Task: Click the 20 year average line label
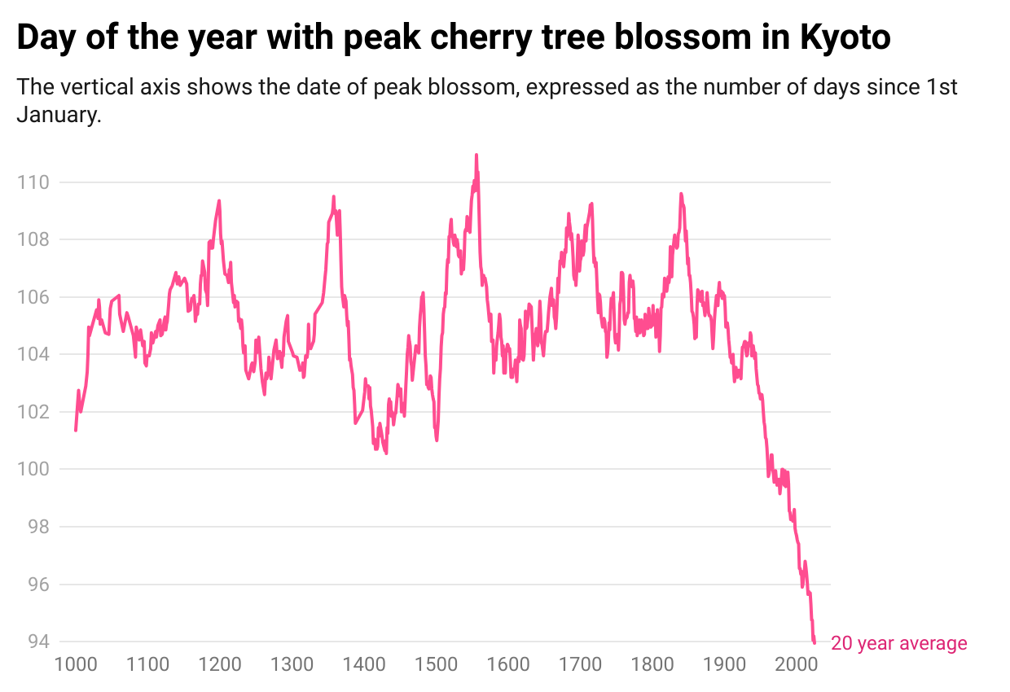coord(899,643)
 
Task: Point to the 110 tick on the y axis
coord(33,182)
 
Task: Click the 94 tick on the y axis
coord(38,642)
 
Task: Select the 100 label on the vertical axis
coord(33,469)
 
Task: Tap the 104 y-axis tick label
coord(33,354)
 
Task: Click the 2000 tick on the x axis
coord(796,664)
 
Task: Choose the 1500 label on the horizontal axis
coord(436,664)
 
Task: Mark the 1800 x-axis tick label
coord(652,664)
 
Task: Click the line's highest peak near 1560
coord(476,155)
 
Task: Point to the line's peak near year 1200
coord(219,201)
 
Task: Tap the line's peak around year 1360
coord(333,196)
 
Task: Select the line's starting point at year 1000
coord(76,430)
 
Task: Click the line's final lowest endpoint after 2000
coord(815,642)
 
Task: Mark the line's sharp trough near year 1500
coord(437,440)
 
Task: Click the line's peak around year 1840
coord(681,194)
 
